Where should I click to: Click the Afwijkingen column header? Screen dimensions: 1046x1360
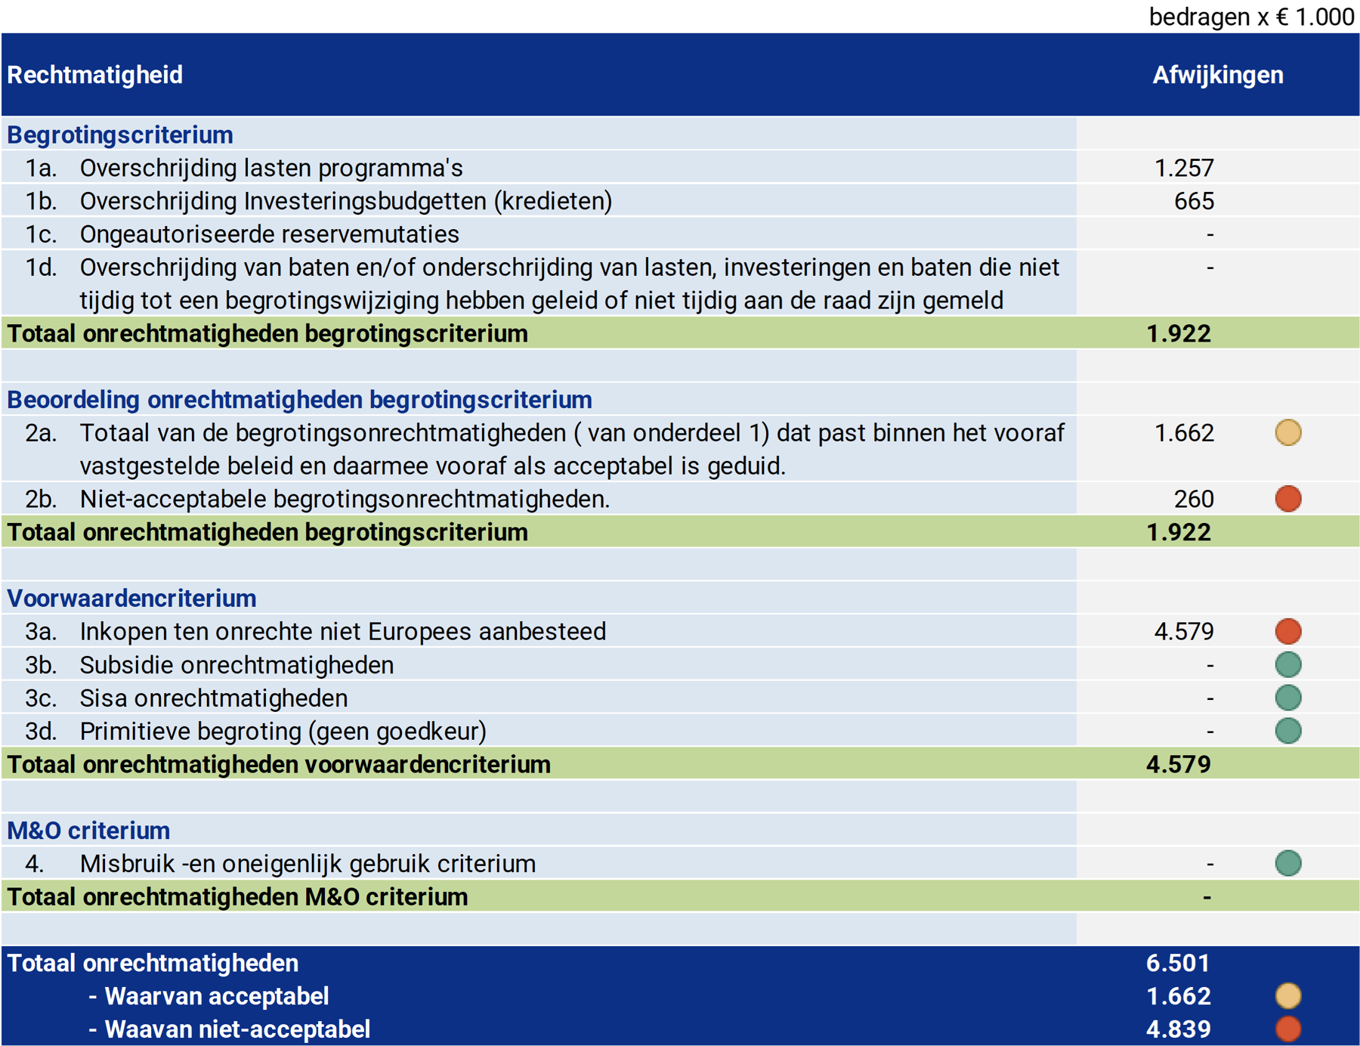pyautogui.click(x=1217, y=75)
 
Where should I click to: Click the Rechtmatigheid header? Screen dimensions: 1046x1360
pyautogui.click(x=94, y=75)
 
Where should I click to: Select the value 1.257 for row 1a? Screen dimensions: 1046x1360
pyautogui.click(x=1183, y=168)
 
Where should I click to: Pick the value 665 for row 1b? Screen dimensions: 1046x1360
pyautogui.click(x=1194, y=201)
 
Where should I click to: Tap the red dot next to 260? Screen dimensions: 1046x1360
pyautogui.click(x=1288, y=499)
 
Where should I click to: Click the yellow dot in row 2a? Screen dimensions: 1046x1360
pyautogui.click(x=1288, y=432)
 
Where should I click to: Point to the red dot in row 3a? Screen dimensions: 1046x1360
pyautogui.click(x=1288, y=631)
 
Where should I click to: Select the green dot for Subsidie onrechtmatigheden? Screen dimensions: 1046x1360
pyautogui.click(x=1288, y=664)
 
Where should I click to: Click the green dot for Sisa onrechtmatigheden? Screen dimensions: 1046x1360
pyautogui.click(x=1288, y=698)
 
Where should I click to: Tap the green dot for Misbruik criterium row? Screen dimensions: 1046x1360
pyautogui.click(x=1288, y=863)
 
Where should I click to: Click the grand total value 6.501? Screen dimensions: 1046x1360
pyautogui.click(x=1178, y=963)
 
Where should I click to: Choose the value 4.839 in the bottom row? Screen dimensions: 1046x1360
pyautogui.click(x=1178, y=1029)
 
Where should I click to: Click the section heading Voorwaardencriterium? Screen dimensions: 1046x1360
pyautogui.click(x=131, y=599)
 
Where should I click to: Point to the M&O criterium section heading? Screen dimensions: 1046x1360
pyautogui.click(x=88, y=831)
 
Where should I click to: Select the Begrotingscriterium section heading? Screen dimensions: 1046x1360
pyautogui.click(x=120, y=135)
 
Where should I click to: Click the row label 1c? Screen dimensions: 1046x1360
pyautogui.click(x=41, y=234)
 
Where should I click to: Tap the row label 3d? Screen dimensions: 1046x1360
pyautogui.click(x=41, y=731)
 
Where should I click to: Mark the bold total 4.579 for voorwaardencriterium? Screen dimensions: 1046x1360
pyautogui.click(x=1178, y=764)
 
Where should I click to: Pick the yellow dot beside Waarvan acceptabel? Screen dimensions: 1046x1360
pyautogui.click(x=1288, y=996)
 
